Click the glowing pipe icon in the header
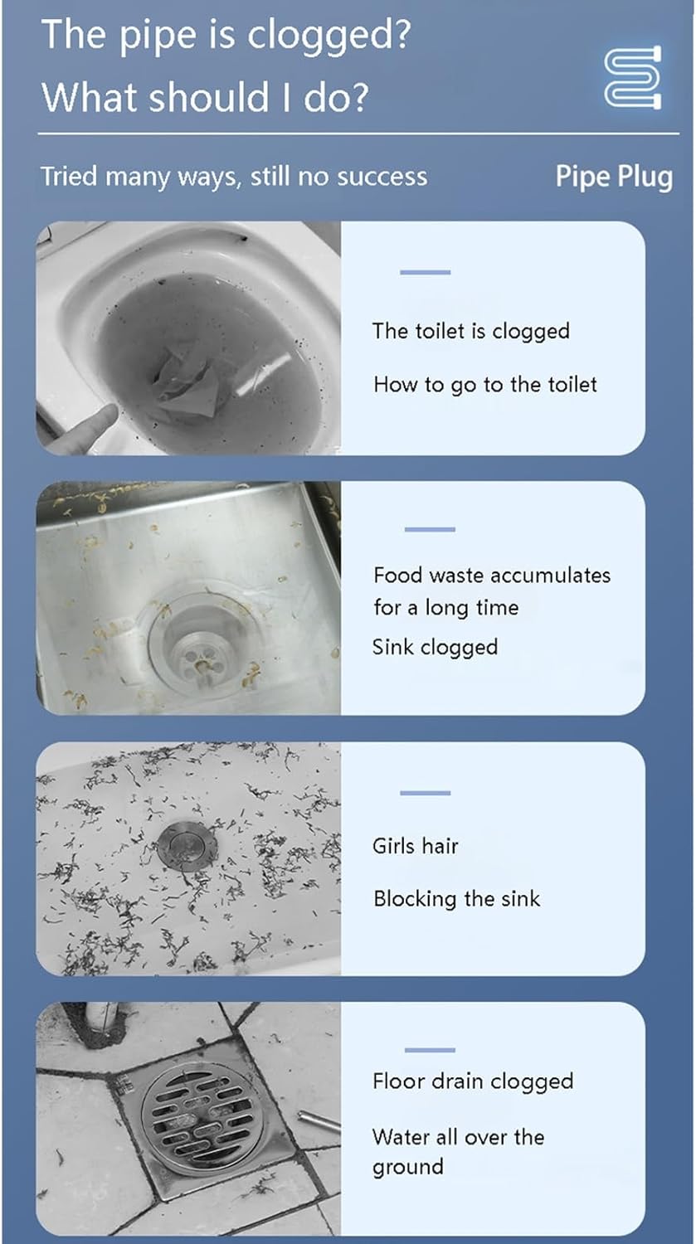click(633, 77)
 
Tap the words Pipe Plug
click(615, 177)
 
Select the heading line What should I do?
click(205, 97)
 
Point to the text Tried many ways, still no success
click(234, 177)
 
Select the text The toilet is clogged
click(471, 331)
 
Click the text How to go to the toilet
click(485, 385)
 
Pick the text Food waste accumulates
click(492, 576)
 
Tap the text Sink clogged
click(435, 648)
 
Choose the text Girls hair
click(416, 846)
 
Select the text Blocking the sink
click(456, 899)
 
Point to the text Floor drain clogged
click(473, 1081)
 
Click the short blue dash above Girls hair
click(425, 793)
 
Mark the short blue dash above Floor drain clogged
click(430, 1050)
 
